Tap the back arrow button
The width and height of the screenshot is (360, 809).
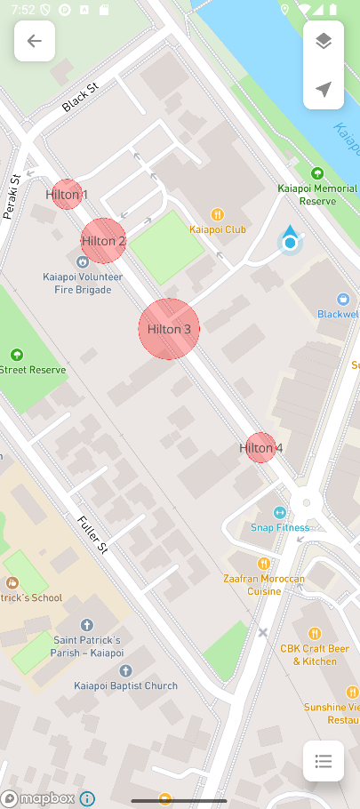[35, 41]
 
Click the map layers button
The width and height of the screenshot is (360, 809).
[324, 41]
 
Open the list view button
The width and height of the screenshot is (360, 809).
[324, 761]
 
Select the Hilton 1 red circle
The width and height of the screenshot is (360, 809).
[67, 194]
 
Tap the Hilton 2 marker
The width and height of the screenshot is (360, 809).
[103, 241]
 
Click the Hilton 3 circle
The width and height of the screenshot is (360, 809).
[169, 329]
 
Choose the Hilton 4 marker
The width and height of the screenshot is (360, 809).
[260, 448]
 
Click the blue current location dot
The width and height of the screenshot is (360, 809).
[290, 242]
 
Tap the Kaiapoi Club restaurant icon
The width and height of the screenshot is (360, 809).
[217, 214]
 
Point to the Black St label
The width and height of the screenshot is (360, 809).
[79, 99]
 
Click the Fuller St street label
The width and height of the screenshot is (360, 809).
[92, 534]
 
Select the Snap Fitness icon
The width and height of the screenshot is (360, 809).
[279, 512]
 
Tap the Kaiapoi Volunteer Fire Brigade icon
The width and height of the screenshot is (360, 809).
[83, 261]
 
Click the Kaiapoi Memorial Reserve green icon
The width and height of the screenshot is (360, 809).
[317, 173]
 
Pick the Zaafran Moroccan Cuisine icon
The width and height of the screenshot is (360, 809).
[263, 564]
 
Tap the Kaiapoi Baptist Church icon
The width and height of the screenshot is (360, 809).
[125, 670]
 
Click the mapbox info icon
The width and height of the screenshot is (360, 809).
[87, 798]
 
